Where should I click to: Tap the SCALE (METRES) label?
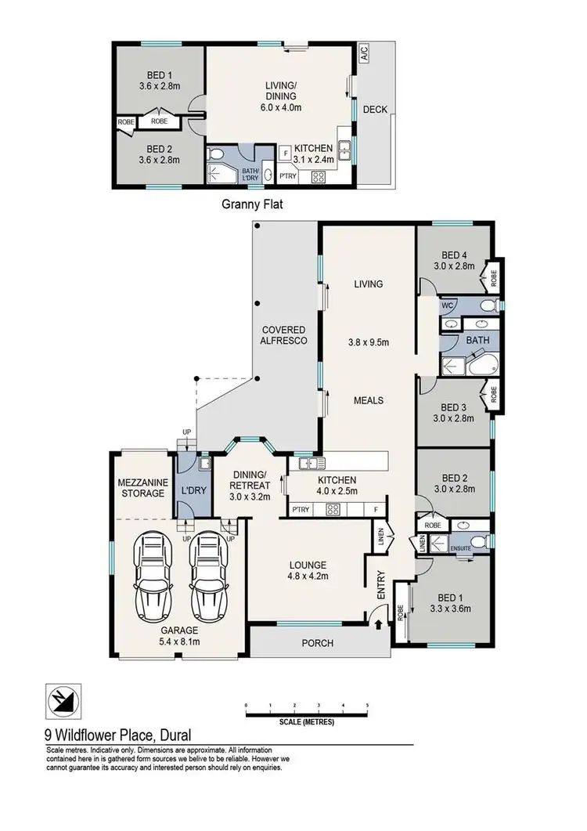(x=306, y=721)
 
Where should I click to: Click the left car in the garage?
(x=152, y=575)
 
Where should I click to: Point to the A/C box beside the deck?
(x=364, y=53)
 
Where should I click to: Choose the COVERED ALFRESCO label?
(x=283, y=335)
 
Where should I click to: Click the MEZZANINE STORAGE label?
(x=141, y=487)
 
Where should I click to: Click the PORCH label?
(x=317, y=644)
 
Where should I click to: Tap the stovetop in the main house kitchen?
(x=332, y=511)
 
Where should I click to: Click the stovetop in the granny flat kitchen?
(x=319, y=177)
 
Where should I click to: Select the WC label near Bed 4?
(x=449, y=305)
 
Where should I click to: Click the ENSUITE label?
(x=460, y=549)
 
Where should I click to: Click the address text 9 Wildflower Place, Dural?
(x=117, y=735)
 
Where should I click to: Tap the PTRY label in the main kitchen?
(x=301, y=511)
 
